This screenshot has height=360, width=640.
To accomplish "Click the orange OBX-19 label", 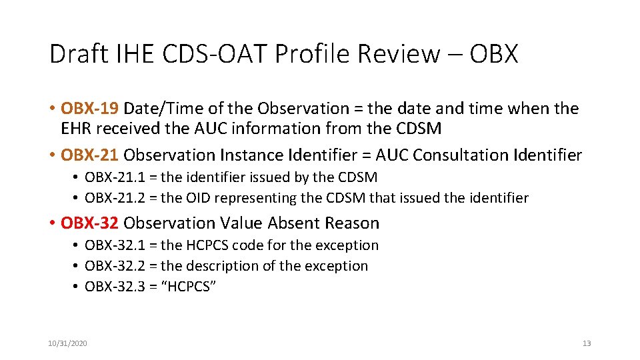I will (x=90, y=108).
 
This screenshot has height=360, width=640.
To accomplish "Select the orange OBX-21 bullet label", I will (x=90, y=155).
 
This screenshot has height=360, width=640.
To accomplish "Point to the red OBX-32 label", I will (x=90, y=223).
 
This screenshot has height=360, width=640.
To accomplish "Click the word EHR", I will (x=75, y=129).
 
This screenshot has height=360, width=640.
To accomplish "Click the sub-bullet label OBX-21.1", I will (x=113, y=177).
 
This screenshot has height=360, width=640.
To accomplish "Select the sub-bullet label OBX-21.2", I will (x=113, y=198).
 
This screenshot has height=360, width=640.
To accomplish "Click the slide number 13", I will (x=587, y=343).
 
